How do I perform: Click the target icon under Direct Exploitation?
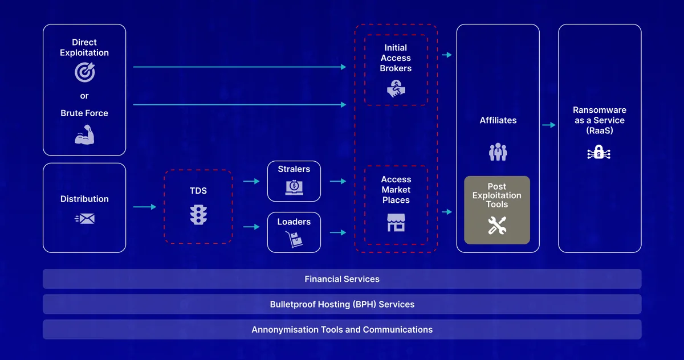pyautogui.click(x=84, y=72)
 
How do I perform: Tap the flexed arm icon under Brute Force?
pyautogui.click(x=84, y=135)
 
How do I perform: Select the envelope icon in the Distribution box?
pyautogui.click(x=85, y=218)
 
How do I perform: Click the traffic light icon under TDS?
pyautogui.click(x=198, y=214)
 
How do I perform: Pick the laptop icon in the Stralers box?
pyautogui.click(x=294, y=187)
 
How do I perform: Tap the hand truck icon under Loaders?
pyautogui.click(x=294, y=240)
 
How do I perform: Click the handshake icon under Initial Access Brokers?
pyautogui.click(x=396, y=88)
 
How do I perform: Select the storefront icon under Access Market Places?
pyautogui.click(x=396, y=222)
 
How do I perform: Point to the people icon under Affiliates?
pyautogui.click(x=498, y=152)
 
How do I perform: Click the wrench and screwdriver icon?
pyautogui.click(x=497, y=226)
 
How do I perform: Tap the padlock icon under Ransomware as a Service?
pyautogui.click(x=599, y=152)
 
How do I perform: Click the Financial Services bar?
pyautogui.click(x=342, y=279)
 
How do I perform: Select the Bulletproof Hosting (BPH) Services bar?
pyautogui.click(x=342, y=304)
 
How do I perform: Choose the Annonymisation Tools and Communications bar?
pyautogui.click(x=342, y=329)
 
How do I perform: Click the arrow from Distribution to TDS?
pyautogui.click(x=145, y=207)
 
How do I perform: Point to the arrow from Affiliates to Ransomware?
pyautogui.click(x=548, y=125)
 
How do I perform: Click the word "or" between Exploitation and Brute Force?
pyautogui.click(x=84, y=96)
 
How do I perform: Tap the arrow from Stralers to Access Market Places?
pyautogui.click(x=338, y=181)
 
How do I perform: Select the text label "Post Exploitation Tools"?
pyautogui.click(x=497, y=195)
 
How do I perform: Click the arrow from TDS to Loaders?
pyautogui.click(x=251, y=227)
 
